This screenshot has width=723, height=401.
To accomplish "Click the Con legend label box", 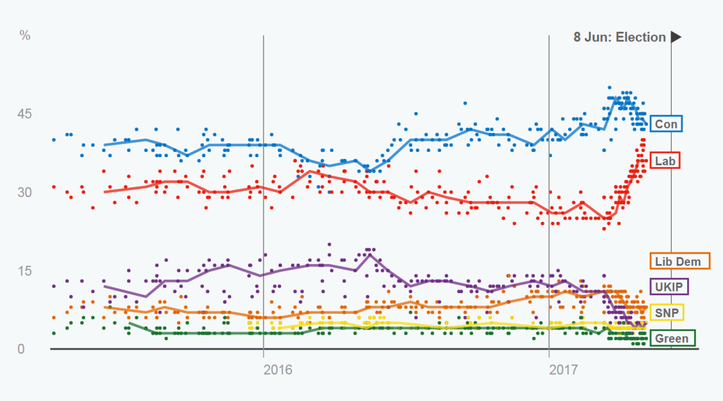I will pos(666,123).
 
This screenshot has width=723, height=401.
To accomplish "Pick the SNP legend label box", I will pos(667,312).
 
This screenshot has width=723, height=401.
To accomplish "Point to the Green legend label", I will pos(672,338).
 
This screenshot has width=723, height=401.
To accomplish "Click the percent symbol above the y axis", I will pos(24,35).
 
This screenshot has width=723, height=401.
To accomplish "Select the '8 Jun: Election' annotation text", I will pos(619,37).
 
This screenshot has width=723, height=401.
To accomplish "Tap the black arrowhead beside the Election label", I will pos(675,37).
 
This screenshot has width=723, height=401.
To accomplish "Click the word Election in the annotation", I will pos(641,37).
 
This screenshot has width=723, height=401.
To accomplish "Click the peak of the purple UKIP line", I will pos(370,254).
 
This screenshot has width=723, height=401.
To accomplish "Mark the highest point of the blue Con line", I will pos(615,99).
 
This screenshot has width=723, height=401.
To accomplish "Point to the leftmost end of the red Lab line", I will pos(104,192).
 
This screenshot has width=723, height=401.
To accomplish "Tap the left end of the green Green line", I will pos(129,323).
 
